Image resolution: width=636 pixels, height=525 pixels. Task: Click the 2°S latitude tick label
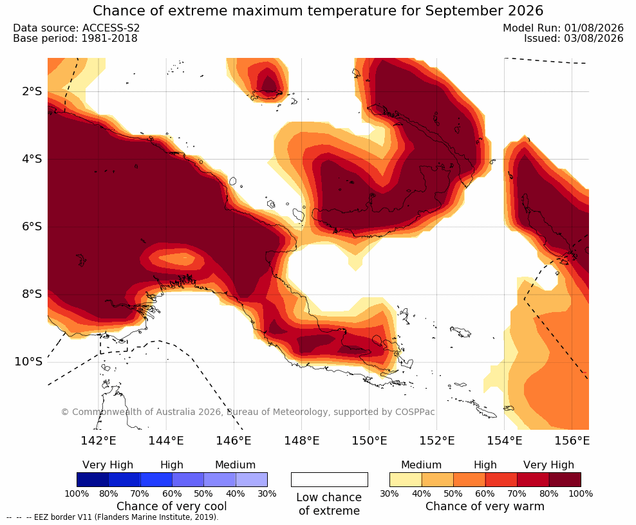tap(32, 91)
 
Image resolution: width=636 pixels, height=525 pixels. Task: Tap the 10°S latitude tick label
tap(28, 362)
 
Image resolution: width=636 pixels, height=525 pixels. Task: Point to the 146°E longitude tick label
tap(234, 440)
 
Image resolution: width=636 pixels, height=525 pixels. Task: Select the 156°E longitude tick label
tap(572, 440)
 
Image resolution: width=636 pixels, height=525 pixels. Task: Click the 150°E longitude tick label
tap(369, 440)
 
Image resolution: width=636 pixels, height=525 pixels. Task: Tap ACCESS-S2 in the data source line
tap(111, 28)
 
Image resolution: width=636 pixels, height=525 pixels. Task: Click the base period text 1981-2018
tap(109, 39)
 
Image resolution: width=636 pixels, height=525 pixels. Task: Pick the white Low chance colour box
tap(330, 479)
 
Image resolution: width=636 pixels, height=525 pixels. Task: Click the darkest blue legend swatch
tap(93, 479)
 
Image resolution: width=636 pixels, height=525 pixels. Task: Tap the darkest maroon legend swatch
tap(565, 479)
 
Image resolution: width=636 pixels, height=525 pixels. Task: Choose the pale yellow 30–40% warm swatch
tap(406, 479)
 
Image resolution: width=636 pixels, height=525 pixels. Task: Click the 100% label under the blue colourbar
tap(77, 493)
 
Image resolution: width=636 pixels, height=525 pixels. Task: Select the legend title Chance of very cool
tap(172, 506)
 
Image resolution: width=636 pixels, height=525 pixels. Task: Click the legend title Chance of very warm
tap(485, 506)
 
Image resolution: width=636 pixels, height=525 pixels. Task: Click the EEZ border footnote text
tap(113, 517)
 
